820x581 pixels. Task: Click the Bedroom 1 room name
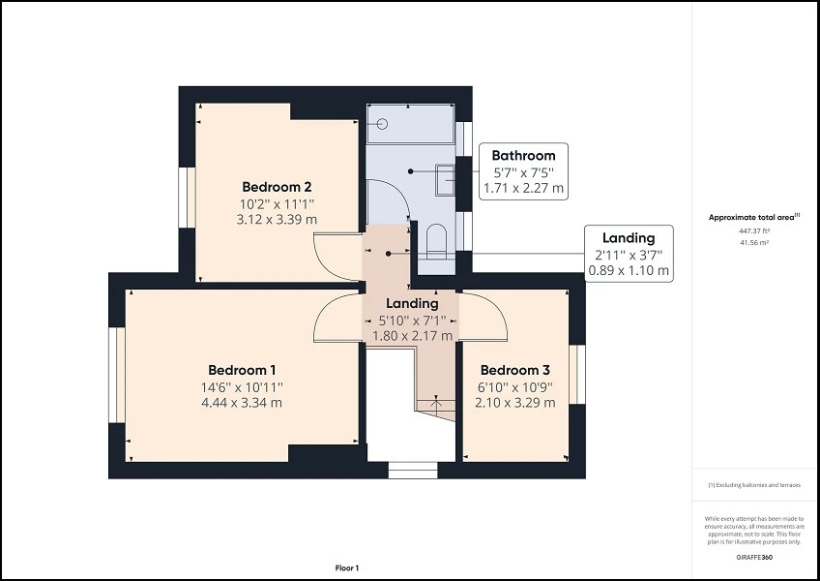(x=242, y=370)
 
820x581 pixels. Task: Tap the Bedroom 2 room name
(x=277, y=187)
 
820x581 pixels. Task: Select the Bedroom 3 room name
(x=514, y=370)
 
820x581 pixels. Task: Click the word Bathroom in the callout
(x=523, y=155)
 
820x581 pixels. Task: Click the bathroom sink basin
(x=447, y=179)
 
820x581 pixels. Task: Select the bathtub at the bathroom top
(x=410, y=124)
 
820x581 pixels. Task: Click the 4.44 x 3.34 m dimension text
(x=242, y=403)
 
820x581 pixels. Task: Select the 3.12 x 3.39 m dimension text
(x=277, y=220)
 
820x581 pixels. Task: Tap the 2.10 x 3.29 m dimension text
(x=514, y=403)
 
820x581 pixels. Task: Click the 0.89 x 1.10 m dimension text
(x=629, y=271)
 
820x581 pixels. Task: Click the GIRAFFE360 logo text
(x=754, y=560)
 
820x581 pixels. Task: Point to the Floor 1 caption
(x=347, y=567)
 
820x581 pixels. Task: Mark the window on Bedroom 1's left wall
(x=117, y=375)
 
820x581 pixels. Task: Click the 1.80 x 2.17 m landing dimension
(x=412, y=336)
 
